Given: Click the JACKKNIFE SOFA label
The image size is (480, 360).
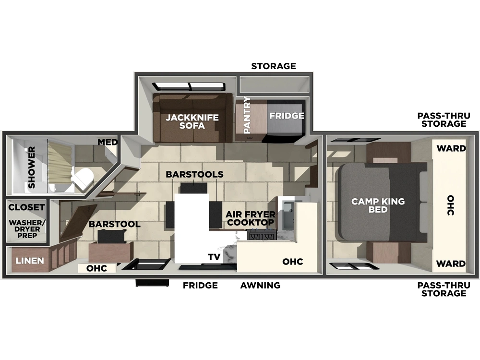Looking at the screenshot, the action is pyautogui.click(x=192, y=121).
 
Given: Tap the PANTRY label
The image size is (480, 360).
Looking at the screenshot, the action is pyautogui.click(x=247, y=115).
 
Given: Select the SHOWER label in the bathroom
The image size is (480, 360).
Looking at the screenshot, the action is pyautogui.click(x=32, y=167).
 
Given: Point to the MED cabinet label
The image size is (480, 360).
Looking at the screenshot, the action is pyautogui.click(x=108, y=142).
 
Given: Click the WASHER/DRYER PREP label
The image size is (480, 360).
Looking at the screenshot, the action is pyautogui.click(x=27, y=229).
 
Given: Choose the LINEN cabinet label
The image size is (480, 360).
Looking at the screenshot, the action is pyautogui.click(x=30, y=261).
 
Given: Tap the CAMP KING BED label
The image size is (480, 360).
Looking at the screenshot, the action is pyautogui.click(x=378, y=205).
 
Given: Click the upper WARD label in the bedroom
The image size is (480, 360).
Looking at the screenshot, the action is pyautogui.click(x=451, y=148).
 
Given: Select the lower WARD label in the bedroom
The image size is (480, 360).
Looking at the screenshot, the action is pyautogui.click(x=451, y=263).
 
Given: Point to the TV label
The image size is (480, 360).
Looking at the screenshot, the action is pyautogui.click(x=214, y=257).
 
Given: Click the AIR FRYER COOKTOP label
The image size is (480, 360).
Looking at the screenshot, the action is pyautogui.click(x=251, y=218).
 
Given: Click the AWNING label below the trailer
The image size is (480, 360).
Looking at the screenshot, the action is pyautogui.click(x=260, y=285).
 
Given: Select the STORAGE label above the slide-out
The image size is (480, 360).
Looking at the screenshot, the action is pyautogui.click(x=274, y=66).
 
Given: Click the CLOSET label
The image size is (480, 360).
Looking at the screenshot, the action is pyautogui.click(x=26, y=207).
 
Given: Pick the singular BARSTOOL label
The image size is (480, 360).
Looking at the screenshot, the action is pyautogui.click(x=115, y=224).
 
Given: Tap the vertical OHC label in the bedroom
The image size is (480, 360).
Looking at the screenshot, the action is pyautogui.click(x=450, y=205).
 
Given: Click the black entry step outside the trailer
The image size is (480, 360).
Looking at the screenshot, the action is pyautogui.click(x=152, y=283).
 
